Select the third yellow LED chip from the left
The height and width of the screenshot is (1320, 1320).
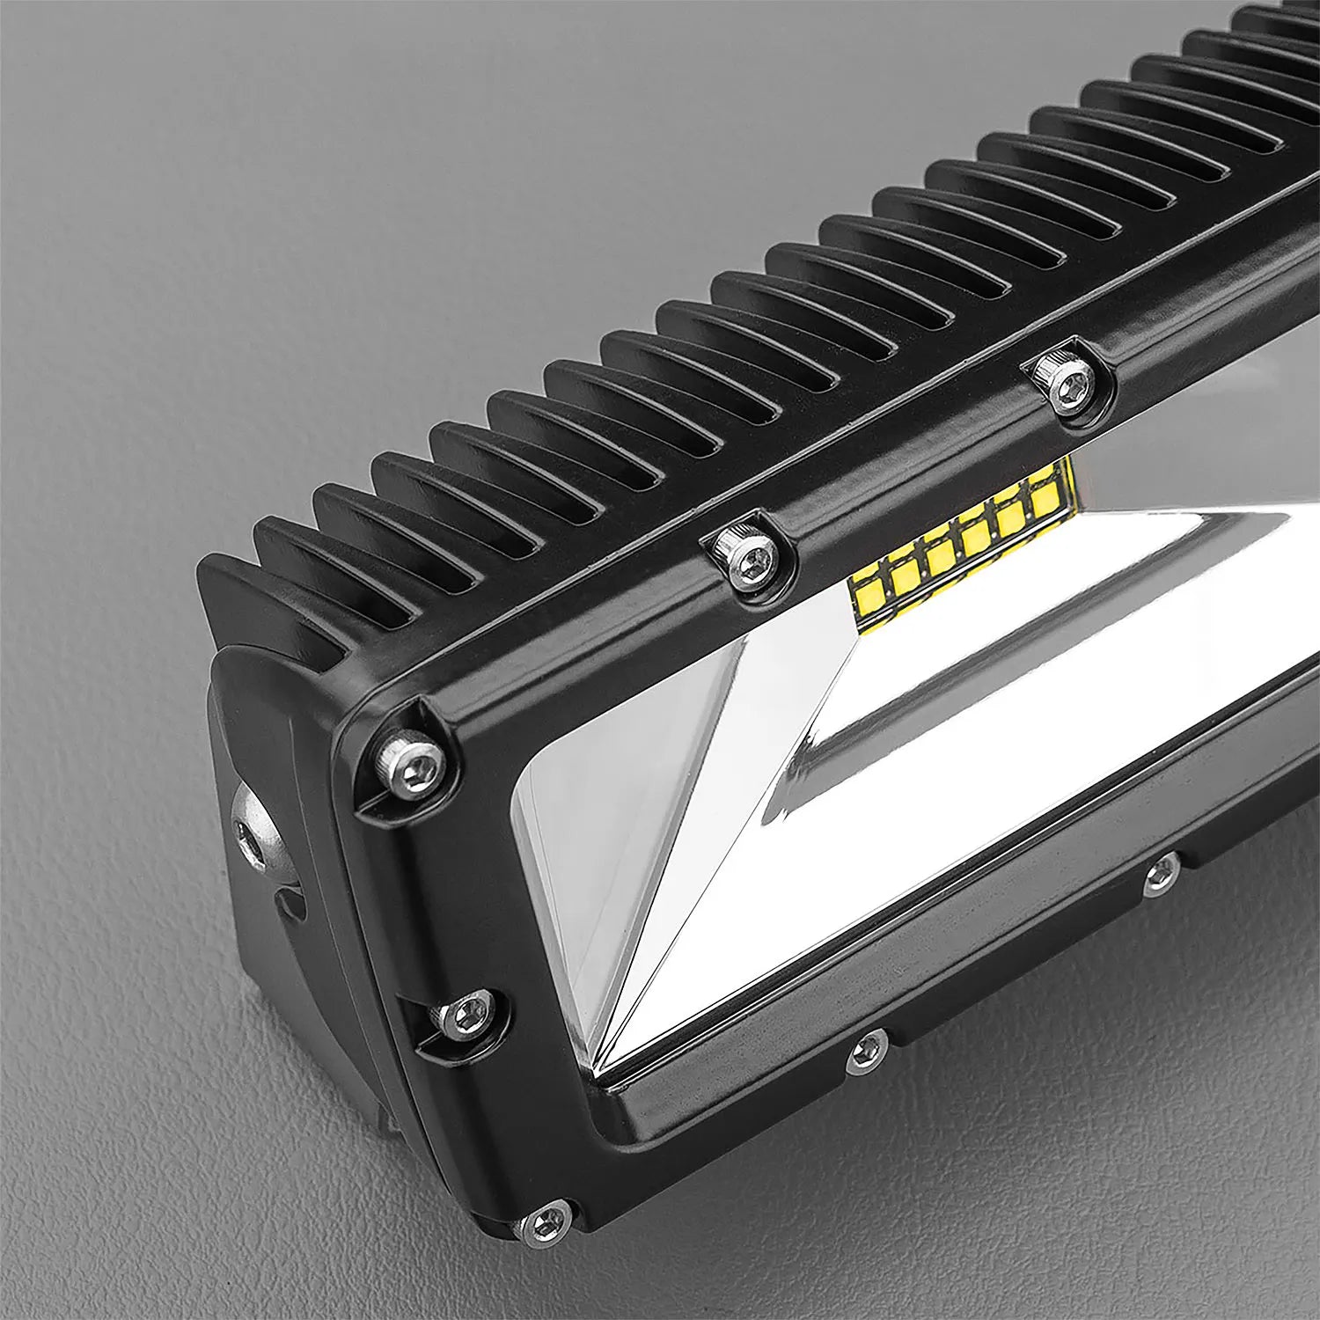point(940,554)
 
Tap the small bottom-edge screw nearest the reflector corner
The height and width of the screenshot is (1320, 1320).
point(868,1052)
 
